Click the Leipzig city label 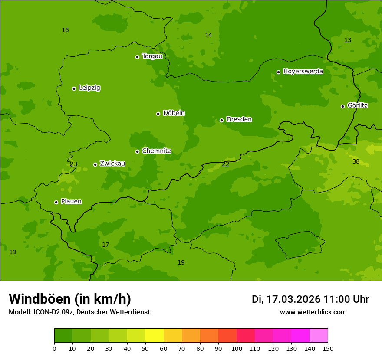pyautogui.click(x=89, y=88)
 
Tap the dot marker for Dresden pyautogui.click(x=221, y=120)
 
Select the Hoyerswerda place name pyautogui.click(x=303, y=72)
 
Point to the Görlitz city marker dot pyautogui.click(x=342, y=106)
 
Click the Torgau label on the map pyautogui.click(x=152, y=56)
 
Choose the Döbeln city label pyautogui.click(x=174, y=113)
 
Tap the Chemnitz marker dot pyautogui.click(x=137, y=151)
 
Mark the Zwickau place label pyautogui.click(x=112, y=164)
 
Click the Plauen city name pyautogui.click(x=71, y=202)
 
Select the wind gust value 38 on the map pyautogui.click(x=356, y=162)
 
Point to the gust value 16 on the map pyautogui.click(x=65, y=30)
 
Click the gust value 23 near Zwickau pyautogui.click(x=73, y=164)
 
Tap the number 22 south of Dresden pyautogui.click(x=225, y=164)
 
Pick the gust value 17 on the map pyautogui.click(x=105, y=245)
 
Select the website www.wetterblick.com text pyautogui.click(x=313, y=312)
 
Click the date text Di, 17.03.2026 pyautogui.click(x=286, y=299)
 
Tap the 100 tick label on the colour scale pyautogui.click(x=237, y=348)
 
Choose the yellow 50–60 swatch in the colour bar pyautogui.click(x=155, y=336)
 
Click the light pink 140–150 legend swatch pyautogui.click(x=319, y=336)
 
